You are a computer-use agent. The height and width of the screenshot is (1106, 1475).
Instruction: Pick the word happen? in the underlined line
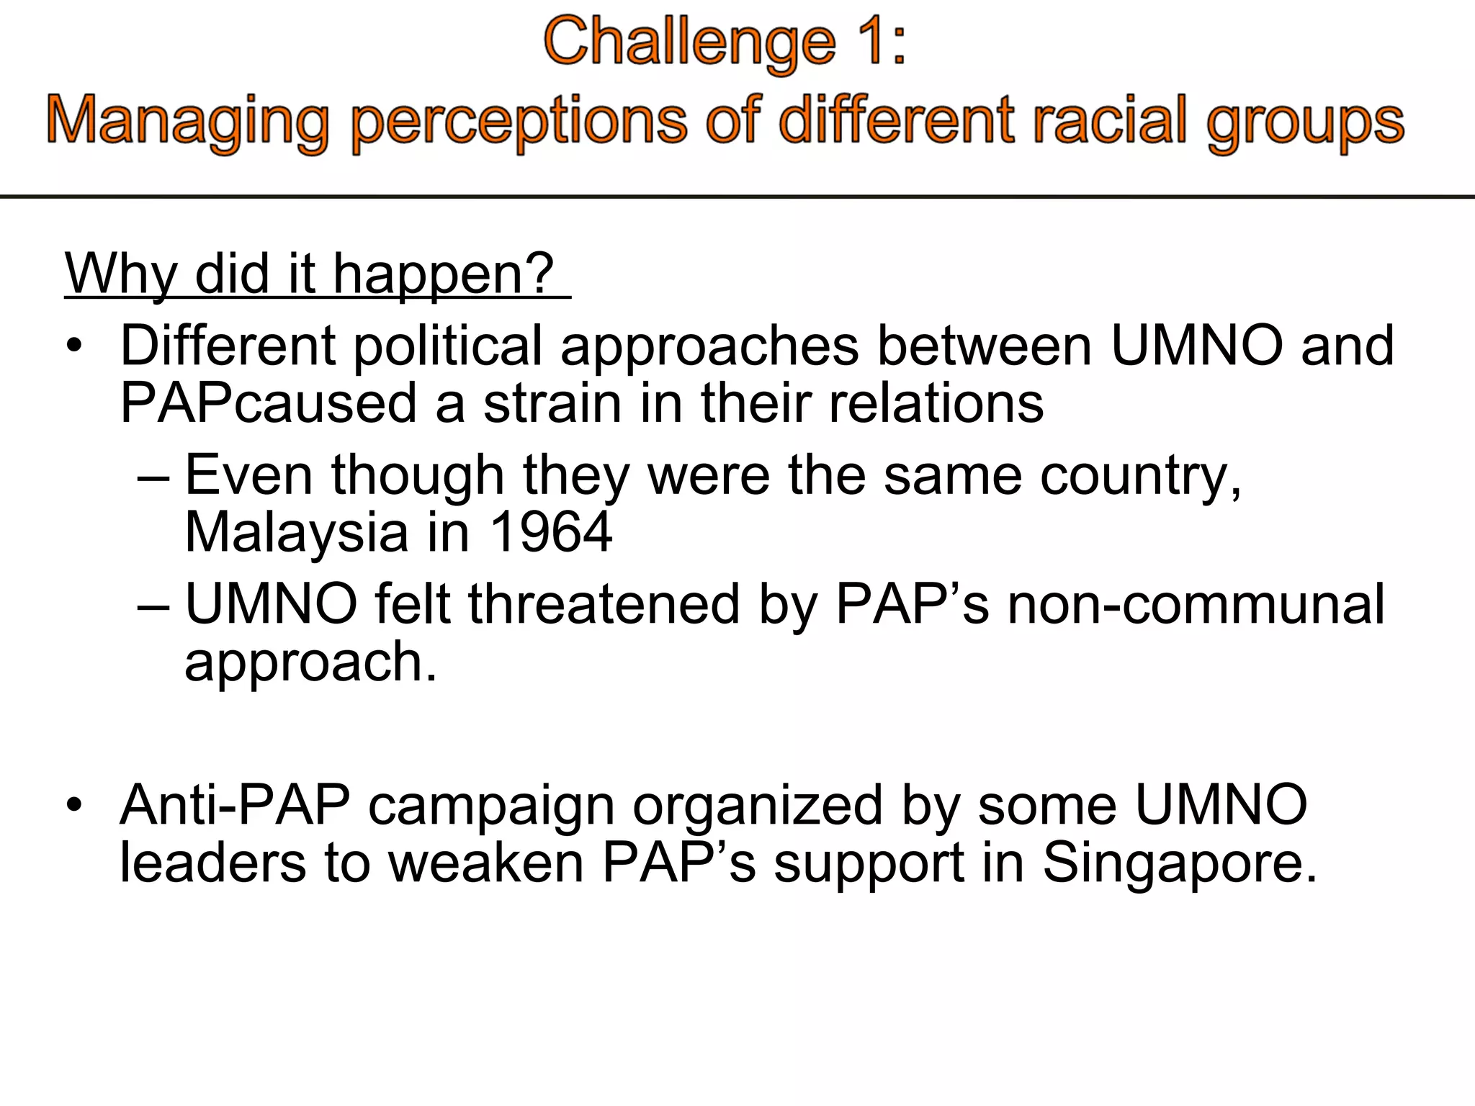click(443, 274)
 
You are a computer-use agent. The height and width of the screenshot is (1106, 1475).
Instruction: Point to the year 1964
click(550, 533)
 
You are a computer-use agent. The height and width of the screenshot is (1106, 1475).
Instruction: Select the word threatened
click(604, 604)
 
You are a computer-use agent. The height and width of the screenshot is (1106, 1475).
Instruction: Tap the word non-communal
click(1196, 604)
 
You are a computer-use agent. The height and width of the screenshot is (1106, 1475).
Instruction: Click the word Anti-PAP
click(235, 805)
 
